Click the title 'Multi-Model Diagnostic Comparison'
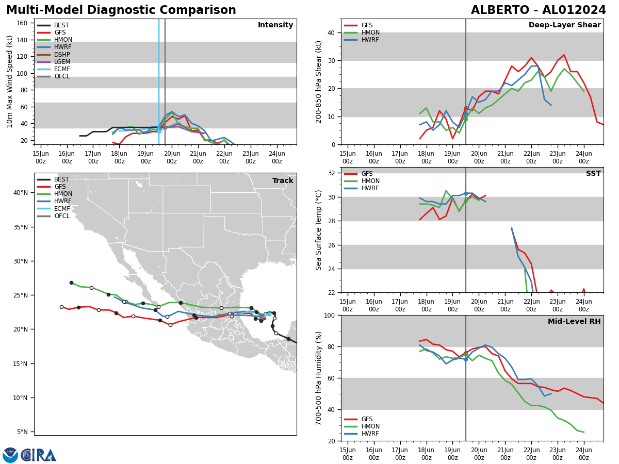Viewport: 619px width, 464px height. point(121,10)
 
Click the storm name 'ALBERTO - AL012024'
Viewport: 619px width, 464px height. point(538,10)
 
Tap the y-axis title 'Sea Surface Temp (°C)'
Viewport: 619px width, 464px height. point(319,230)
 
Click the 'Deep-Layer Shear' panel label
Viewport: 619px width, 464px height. point(564,25)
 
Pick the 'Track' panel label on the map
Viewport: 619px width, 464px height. point(283,181)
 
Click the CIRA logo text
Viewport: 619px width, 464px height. point(39,455)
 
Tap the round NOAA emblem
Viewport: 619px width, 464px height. point(10,455)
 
